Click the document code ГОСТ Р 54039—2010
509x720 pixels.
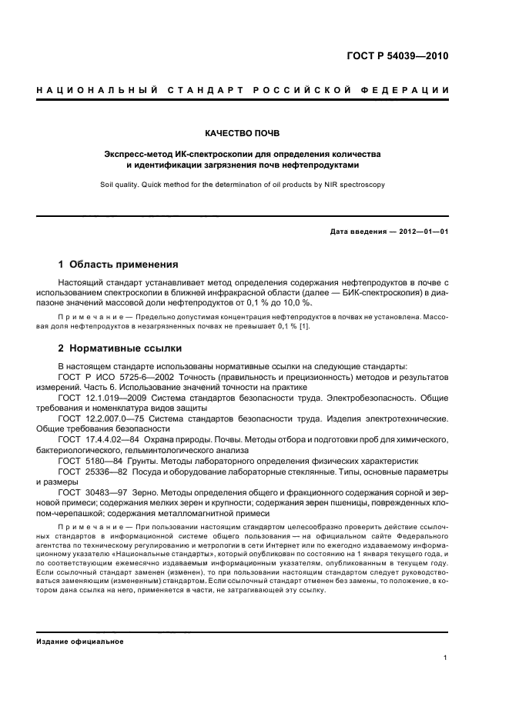pos(398,58)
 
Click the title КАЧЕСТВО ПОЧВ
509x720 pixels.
pos(254,132)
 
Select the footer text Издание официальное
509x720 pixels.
pos(80,641)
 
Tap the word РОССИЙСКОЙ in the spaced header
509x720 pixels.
pos(312,92)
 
